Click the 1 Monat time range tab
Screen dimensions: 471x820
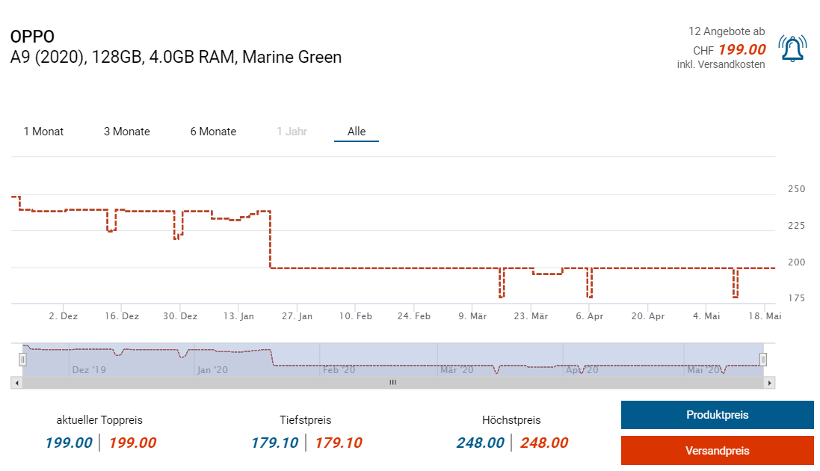pyautogui.click(x=43, y=132)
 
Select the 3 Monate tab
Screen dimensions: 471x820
pyautogui.click(x=126, y=132)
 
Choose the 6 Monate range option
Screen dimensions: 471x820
pyautogui.click(x=213, y=132)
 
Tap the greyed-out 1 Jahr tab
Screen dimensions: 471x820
pyautogui.click(x=292, y=132)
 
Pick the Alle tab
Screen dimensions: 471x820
pyautogui.click(x=357, y=132)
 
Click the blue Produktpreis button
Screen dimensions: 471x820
pyautogui.click(x=717, y=415)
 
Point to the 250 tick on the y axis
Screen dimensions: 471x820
pyautogui.click(x=797, y=189)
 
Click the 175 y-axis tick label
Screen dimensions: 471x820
pyautogui.click(x=797, y=298)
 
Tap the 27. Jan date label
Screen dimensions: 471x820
pyautogui.click(x=297, y=316)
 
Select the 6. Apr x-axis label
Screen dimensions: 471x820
pyautogui.click(x=590, y=316)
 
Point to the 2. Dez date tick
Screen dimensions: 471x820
pyautogui.click(x=63, y=316)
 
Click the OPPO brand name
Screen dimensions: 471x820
pyautogui.click(x=32, y=37)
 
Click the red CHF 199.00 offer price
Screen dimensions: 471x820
pyautogui.click(x=742, y=50)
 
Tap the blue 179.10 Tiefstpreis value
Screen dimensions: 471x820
pyautogui.click(x=274, y=443)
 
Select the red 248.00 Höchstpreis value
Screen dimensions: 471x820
pyautogui.click(x=543, y=443)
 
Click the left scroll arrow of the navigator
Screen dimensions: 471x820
pyautogui.click(x=16, y=383)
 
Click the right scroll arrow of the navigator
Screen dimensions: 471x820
pyautogui.click(x=770, y=383)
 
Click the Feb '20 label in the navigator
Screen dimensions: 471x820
pyautogui.click(x=339, y=369)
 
